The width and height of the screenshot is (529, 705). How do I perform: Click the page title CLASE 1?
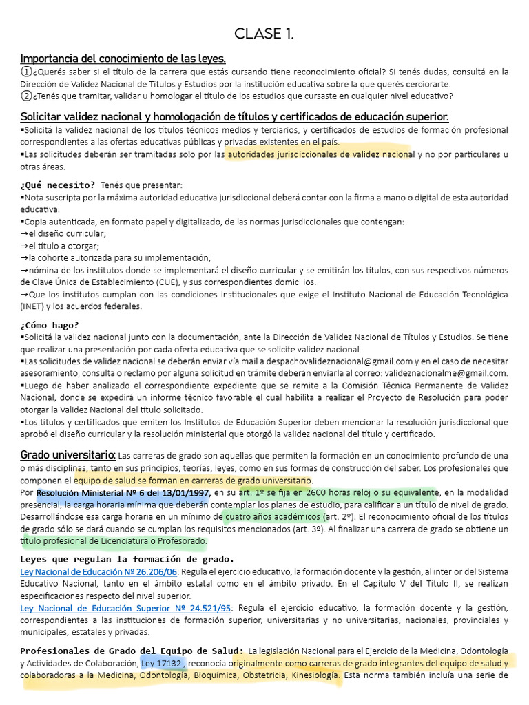tap(264, 34)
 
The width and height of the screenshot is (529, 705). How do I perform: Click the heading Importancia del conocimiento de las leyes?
tap(123, 58)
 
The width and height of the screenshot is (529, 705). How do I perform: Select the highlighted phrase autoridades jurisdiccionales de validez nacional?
tap(319, 154)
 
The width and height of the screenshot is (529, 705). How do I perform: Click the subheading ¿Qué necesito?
tap(58, 185)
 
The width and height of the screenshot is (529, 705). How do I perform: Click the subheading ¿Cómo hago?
tap(50, 325)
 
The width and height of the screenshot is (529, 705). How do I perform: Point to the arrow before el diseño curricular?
tap(25, 233)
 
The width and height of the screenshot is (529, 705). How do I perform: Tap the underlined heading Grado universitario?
tap(68, 455)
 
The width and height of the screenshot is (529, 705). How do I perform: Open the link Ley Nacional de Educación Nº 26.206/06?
tap(99, 572)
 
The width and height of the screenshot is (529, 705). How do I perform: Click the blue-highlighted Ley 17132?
tap(162, 663)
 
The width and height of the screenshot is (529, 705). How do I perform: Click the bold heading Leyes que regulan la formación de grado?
tap(127, 558)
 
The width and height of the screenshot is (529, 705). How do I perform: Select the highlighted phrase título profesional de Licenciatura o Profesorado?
tap(115, 541)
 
